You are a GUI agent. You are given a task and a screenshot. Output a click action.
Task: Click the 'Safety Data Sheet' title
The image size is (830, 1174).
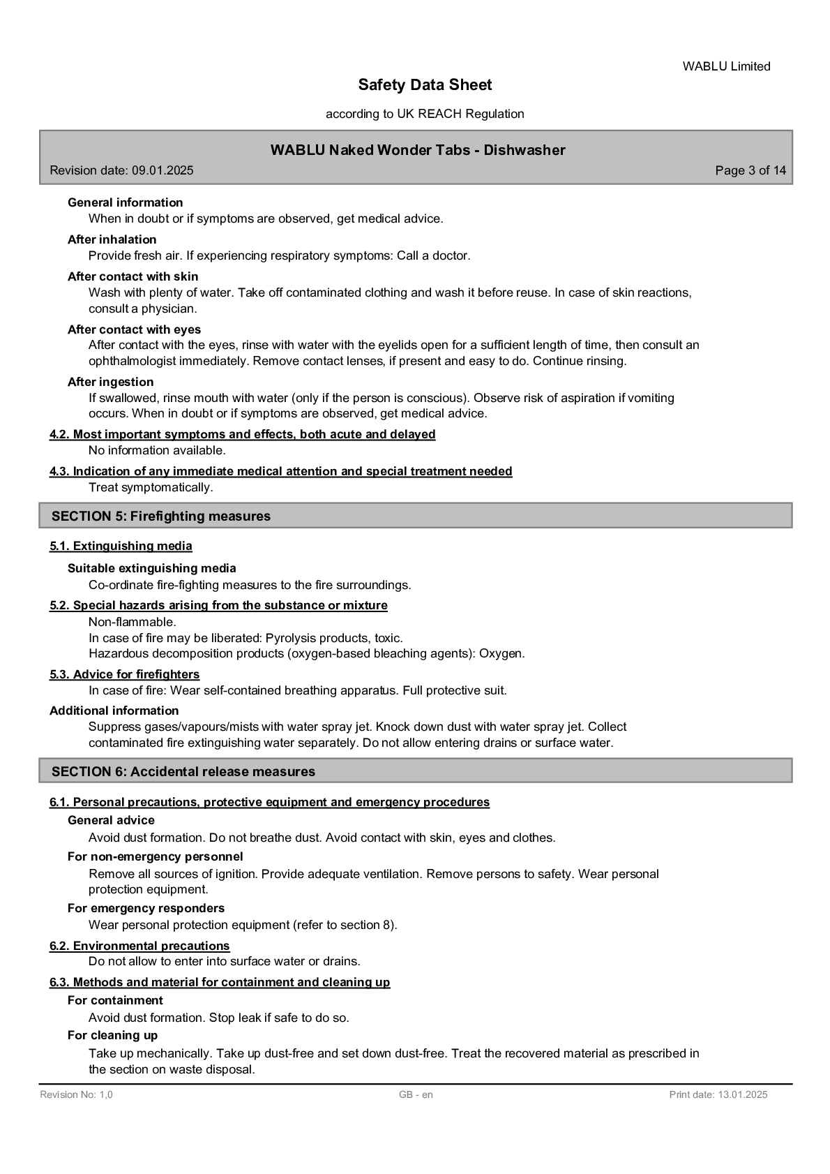click(425, 85)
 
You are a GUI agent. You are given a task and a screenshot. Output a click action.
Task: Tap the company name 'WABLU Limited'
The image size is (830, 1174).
click(726, 66)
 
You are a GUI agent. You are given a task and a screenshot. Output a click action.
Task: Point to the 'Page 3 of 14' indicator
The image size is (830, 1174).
click(750, 170)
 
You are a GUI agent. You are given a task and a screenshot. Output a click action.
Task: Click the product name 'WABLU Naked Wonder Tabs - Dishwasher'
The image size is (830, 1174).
click(417, 150)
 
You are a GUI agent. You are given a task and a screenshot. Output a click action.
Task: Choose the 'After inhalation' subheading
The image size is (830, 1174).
click(112, 239)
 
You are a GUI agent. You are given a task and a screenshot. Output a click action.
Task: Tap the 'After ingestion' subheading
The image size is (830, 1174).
click(110, 382)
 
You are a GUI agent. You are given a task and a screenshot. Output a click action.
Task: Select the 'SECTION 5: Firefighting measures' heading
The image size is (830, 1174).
click(161, 517)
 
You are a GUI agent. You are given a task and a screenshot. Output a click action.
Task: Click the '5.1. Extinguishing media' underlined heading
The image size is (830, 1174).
click(121, 546)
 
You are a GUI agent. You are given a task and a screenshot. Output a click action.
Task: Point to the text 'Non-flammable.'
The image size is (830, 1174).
click(133, 622)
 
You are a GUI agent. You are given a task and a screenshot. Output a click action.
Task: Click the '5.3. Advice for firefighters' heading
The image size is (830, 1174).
click(124, 674)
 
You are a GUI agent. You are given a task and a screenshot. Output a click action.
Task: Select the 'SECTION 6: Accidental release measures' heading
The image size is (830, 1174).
click(183, 771)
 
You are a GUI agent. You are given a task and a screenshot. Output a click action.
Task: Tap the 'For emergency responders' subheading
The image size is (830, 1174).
click(146, 908)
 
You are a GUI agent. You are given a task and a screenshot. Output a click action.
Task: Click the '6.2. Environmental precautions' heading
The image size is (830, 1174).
click(139, 946)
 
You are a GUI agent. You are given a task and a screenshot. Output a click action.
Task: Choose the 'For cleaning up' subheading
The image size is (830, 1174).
click(112, 1035)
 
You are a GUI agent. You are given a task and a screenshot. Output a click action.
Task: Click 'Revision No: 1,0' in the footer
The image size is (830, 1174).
click(76, 1094)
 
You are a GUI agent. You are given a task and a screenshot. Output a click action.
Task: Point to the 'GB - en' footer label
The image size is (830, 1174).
click(416, 1094)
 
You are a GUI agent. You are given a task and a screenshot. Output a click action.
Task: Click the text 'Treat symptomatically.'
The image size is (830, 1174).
click(151, 487)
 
